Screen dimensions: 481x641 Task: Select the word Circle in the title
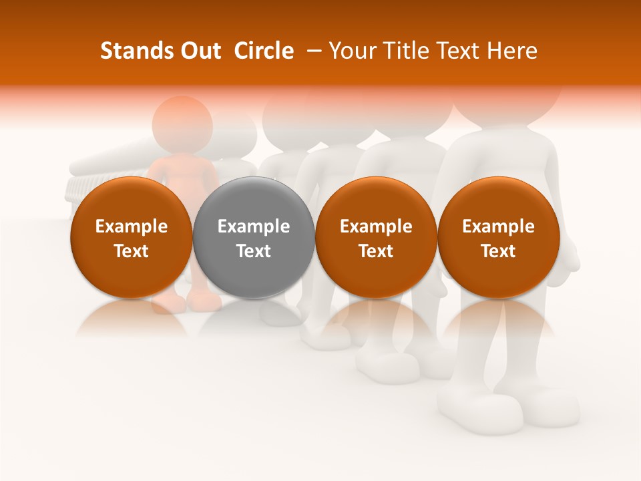click(264, 51)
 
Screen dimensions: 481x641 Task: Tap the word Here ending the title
click(512, 51)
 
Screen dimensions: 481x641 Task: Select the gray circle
click(254, 237)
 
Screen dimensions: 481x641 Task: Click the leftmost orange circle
click(131, 237)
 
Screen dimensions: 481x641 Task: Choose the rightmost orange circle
click(498, 237)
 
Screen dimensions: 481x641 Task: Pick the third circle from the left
click(376, 237)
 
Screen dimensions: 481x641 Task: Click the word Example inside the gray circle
click(254, 226)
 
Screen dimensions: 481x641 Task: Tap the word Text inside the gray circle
click(254, 251)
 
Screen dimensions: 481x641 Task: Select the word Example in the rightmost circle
click(498, 226)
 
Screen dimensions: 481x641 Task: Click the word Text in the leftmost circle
click(131, 251)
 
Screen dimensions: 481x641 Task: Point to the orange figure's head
click(182, 124)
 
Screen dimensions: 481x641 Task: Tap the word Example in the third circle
click(376, 226)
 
